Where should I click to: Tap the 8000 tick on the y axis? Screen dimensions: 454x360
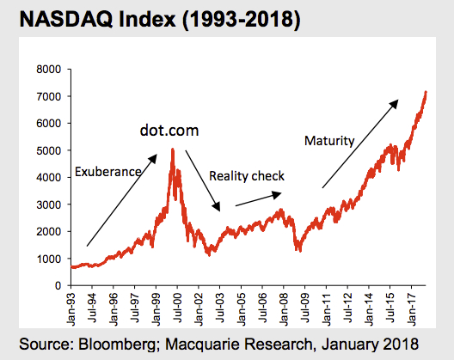click(49, 70)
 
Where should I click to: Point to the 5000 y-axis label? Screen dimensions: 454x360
click(49, 150)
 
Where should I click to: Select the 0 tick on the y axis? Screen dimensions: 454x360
click(58, 285)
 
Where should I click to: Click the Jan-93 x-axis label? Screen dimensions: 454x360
click(71, 309)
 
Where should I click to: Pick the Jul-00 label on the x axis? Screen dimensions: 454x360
click(177, 308)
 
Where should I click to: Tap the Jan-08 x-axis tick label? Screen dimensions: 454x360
click(284, 309)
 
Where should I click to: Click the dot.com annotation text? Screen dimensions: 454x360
click(169, 131)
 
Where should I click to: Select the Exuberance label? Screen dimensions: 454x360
click(108, 172)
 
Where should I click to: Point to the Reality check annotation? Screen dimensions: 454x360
click(247, 176)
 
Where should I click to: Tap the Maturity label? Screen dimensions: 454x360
click(329, 141)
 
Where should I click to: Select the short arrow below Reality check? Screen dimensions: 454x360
click(258, 199)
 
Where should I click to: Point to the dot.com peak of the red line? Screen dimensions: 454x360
click(173, 149)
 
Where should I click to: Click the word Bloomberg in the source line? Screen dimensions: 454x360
click(116, 345)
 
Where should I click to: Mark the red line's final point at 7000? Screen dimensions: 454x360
click(426, 92)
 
